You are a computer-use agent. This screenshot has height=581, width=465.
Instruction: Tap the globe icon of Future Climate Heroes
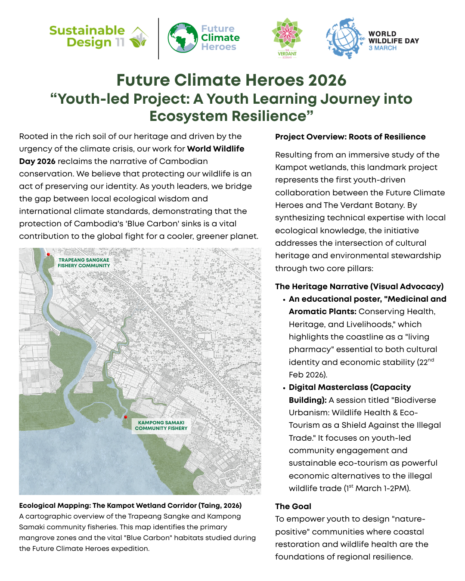tap(183, 38)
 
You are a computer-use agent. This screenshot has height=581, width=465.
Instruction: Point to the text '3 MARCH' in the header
tap(382, 48)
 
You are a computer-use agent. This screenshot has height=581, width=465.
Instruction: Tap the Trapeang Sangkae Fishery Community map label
tap(84, 263)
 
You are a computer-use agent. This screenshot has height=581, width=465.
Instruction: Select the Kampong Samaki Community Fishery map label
tap(161, 426)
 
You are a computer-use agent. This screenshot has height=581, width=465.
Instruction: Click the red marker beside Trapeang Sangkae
tap(48, 254)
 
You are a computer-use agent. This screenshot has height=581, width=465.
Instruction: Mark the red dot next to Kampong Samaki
tap(126, 417)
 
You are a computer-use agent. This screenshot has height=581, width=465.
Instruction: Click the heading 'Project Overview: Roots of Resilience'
tap(350, 137)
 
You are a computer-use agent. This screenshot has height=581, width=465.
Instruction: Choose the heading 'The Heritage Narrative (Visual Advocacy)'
tap(359, 287)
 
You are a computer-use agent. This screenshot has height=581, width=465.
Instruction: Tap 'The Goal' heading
tap(293, 507)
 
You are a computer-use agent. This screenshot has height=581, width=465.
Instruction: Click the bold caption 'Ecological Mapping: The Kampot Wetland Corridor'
tap(130, 506)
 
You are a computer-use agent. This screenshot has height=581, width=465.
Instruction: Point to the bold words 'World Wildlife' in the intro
tap(215, 149)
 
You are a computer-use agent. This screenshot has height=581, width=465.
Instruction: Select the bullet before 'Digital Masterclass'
tap(284, 388)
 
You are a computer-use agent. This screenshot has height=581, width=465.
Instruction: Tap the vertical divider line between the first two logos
tap(158, 38)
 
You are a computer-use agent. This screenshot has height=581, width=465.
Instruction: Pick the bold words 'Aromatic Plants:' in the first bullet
tap(322, 312)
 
